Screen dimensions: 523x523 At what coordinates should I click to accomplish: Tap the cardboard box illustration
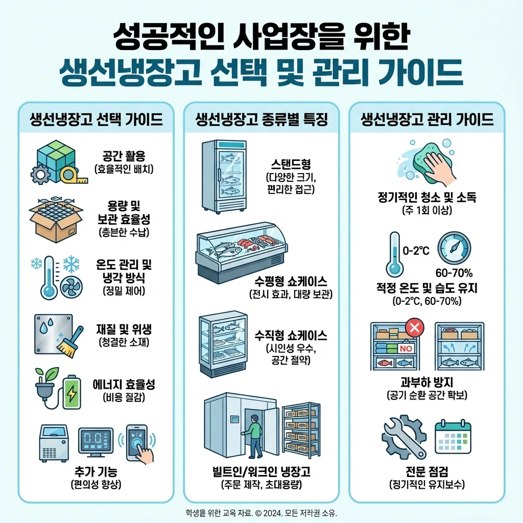56,220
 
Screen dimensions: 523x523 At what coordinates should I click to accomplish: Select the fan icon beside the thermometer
72,287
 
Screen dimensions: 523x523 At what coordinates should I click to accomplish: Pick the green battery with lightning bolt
72,392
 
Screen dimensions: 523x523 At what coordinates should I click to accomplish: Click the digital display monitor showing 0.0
96,442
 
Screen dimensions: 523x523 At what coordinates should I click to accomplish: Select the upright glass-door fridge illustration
224,177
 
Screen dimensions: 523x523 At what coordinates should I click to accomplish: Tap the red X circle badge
415,327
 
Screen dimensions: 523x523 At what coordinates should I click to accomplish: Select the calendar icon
453,437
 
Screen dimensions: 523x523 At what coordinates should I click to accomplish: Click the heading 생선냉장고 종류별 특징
261,120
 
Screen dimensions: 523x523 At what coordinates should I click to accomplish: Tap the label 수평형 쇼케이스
291,281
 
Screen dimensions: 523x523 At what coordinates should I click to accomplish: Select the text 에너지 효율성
124,385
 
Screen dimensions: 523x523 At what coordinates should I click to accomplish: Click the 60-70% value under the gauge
454,273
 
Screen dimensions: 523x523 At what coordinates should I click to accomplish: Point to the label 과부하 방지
426,382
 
